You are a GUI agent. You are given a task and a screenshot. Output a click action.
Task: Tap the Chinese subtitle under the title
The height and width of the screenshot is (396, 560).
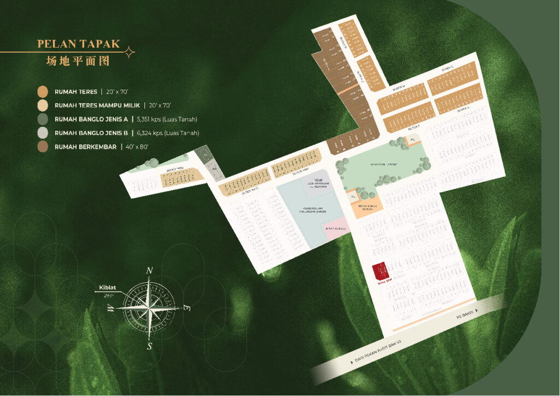tap(78, 60)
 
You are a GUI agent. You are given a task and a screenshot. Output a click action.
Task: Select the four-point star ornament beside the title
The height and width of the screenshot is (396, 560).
tap(130, 52)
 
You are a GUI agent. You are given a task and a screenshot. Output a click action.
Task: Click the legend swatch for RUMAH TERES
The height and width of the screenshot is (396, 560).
tap(43, 92)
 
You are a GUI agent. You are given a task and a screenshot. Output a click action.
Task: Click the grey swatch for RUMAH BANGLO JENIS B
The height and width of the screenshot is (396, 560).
tap(43, 133)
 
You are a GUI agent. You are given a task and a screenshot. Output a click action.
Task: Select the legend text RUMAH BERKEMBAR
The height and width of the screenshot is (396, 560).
tap(85, 147)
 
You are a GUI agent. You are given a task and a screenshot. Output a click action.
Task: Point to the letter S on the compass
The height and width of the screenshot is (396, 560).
tap(149, 345)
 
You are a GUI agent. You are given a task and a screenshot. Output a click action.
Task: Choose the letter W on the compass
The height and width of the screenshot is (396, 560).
tap(111, 308)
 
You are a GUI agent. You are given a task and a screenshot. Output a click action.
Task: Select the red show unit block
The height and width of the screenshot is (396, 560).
tap(380, 270)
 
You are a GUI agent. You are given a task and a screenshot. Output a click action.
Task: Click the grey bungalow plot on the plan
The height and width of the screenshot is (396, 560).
tap(214, 171)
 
